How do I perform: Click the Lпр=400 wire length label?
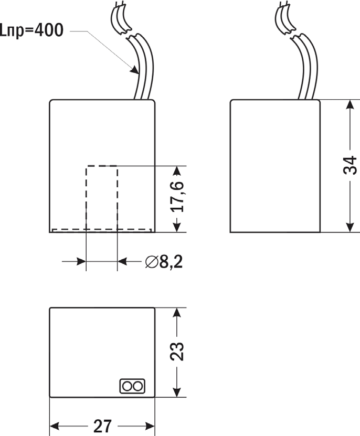pos(31,30)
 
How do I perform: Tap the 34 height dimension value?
pos(350,165)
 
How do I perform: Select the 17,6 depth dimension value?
pos(177,197)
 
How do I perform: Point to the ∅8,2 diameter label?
pos(164,262)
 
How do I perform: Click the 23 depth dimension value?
pos(177,352)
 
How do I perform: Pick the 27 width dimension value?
pos(102,426)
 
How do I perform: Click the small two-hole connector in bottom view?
pos(132,386)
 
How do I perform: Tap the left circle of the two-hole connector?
pos(127,387)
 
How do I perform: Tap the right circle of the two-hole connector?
pos(137,387)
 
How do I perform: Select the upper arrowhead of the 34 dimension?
pos(350,105)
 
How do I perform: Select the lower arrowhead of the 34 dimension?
pos(350,227)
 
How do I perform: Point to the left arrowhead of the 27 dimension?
pos(55,426)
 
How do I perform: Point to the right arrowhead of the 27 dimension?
pos(150,426)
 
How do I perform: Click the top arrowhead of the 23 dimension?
pos(177,313)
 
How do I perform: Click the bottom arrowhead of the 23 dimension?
pos(177,392)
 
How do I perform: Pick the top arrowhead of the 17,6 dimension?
pos(177,171)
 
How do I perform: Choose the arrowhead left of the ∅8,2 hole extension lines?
pos(81,261)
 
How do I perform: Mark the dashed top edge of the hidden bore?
pos(102,166)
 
